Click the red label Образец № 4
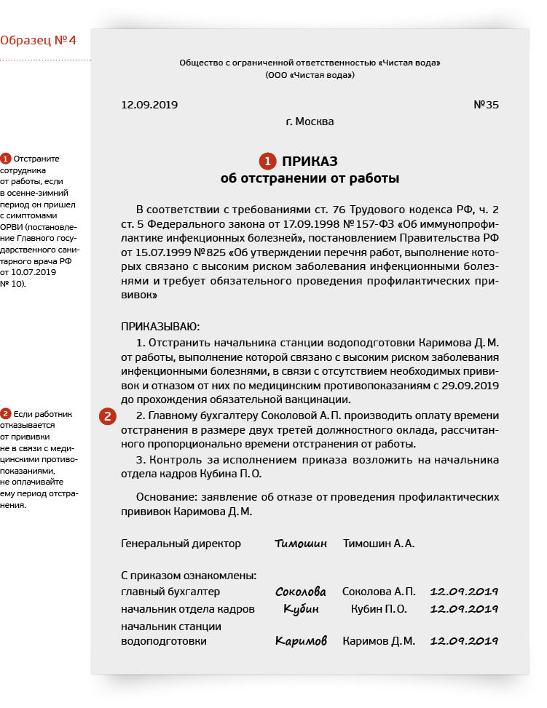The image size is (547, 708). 38,39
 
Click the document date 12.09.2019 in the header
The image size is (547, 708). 149,105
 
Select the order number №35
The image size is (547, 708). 486,105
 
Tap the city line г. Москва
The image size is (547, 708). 310,122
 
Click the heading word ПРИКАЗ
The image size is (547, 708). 310,161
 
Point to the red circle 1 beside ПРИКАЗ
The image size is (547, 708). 267,161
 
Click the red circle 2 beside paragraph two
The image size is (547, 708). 107,416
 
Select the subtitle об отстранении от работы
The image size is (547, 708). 310,178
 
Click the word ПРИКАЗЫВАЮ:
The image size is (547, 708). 160,326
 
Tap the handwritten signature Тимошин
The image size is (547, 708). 301,544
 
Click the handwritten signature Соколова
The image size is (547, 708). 301,592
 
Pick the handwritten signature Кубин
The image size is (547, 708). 301,609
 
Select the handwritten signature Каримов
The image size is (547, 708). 301,641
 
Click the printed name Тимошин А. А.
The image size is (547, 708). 379,544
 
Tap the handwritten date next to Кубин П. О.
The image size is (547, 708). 464,609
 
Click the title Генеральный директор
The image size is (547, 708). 181,544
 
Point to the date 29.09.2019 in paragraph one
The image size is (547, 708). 471,386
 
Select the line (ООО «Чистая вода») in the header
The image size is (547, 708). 310,75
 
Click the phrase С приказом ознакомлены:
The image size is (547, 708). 188,576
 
